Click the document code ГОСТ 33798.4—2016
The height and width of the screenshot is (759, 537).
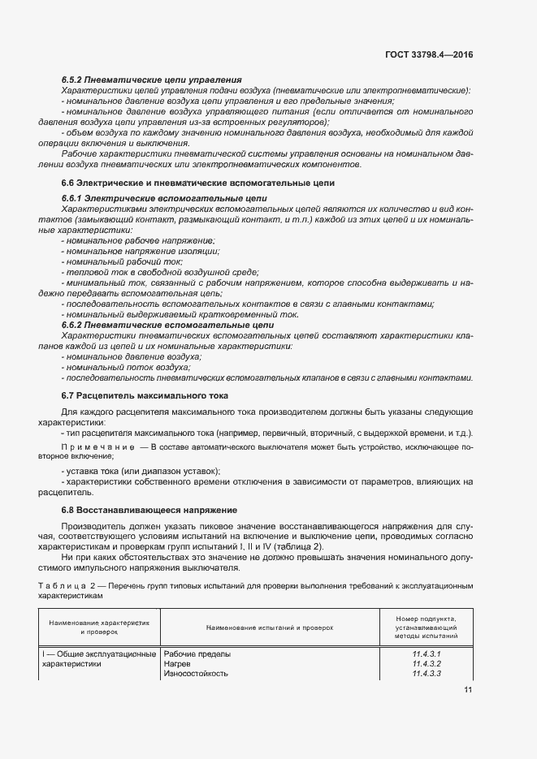click(430, 54)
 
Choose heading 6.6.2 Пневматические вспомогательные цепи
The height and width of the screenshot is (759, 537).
click(156, 326)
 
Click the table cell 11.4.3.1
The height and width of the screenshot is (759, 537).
click(425, 653)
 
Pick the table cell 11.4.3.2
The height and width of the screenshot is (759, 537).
click(425, 663)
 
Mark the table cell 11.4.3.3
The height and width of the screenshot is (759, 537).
click(425, 674)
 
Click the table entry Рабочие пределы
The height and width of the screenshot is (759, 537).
click(197, 653)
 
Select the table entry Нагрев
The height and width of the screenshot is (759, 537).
click(178, 663)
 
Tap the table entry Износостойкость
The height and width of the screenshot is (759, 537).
click(196, 674)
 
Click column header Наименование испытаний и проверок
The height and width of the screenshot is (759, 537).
click(270, 627)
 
